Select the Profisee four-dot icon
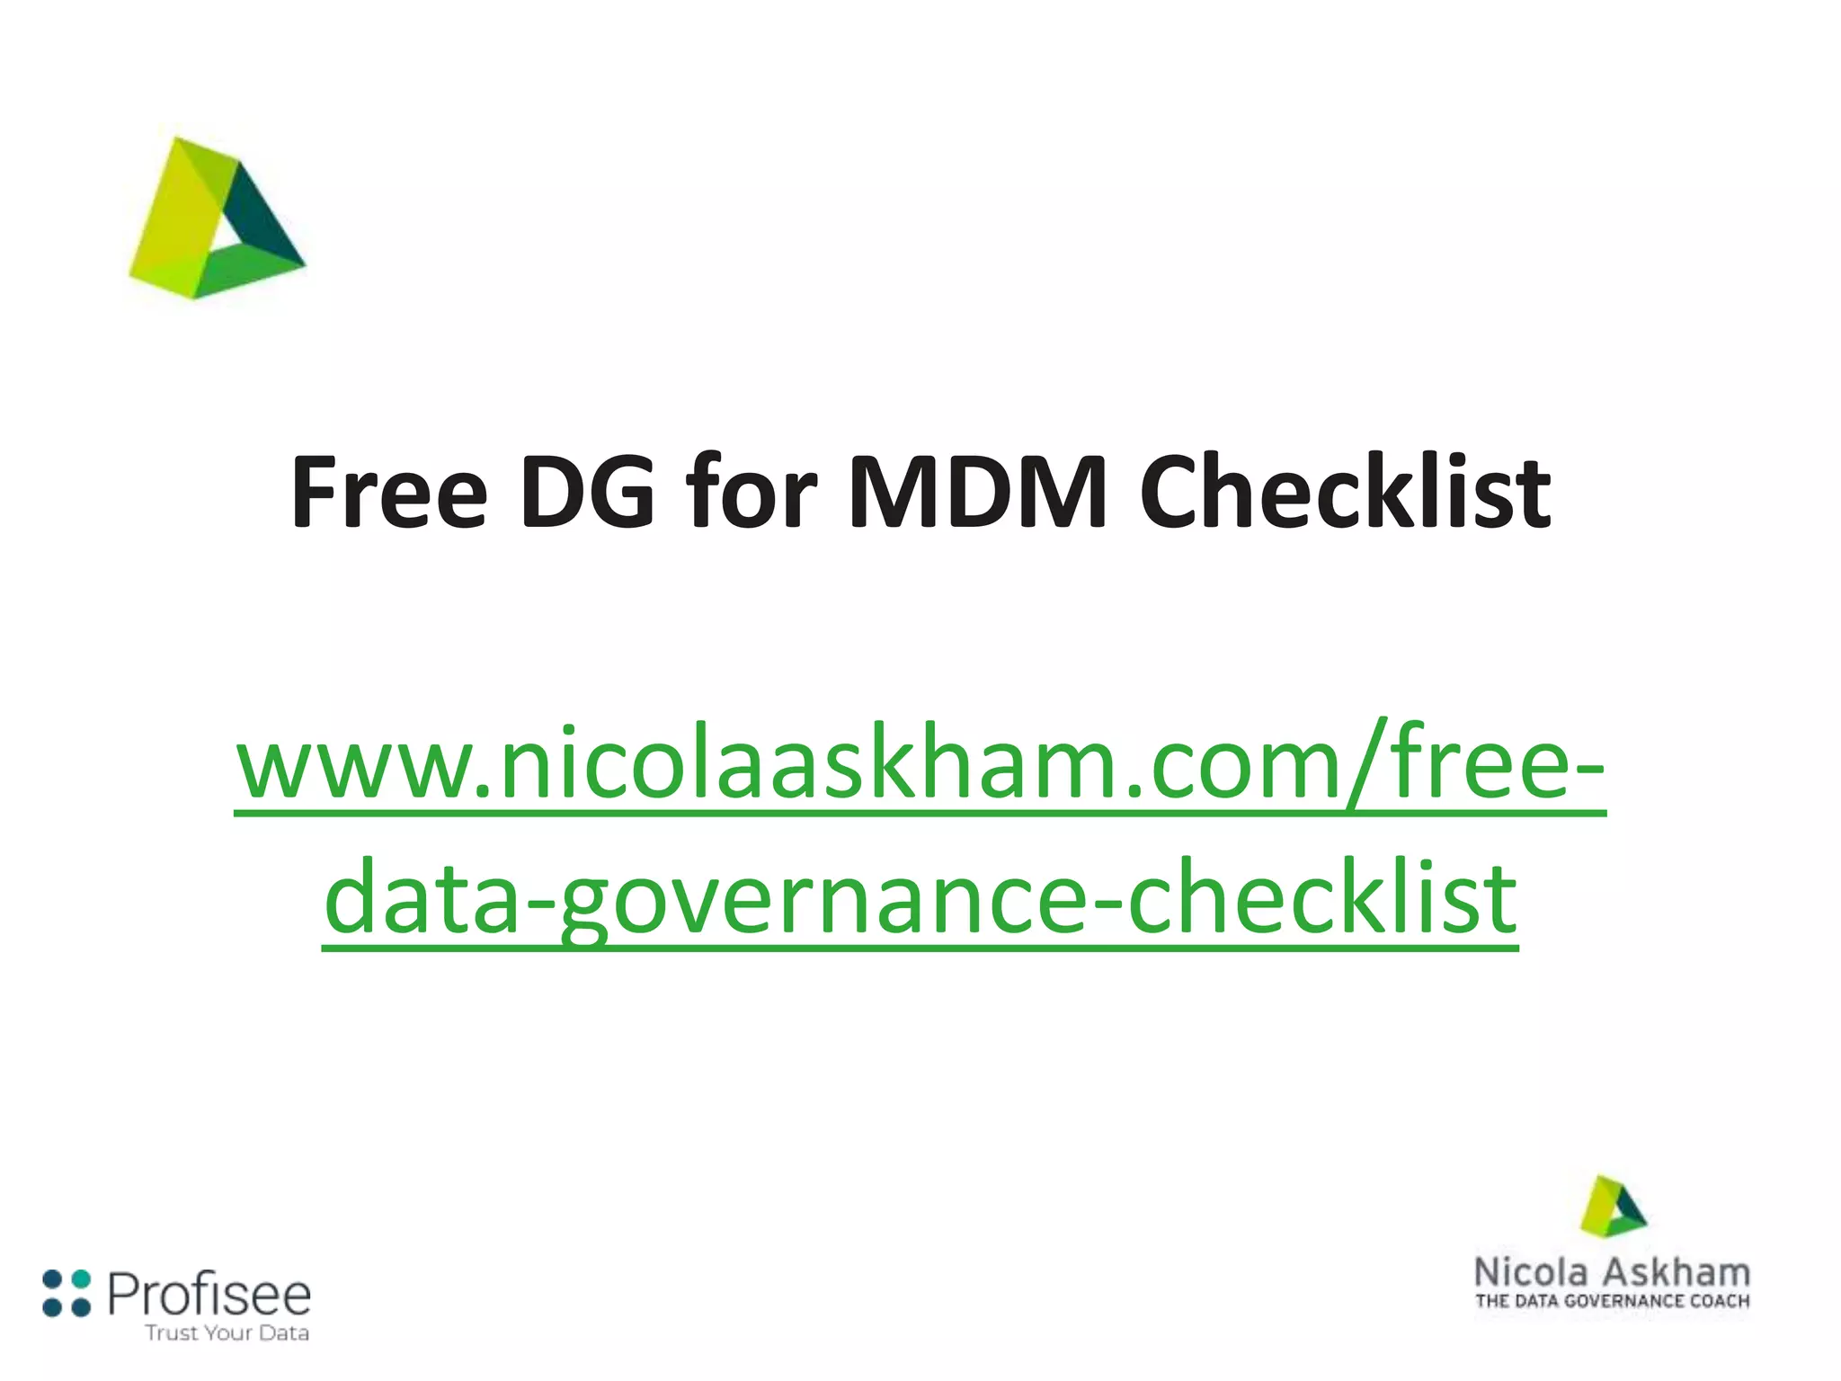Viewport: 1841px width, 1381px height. [67, 1293]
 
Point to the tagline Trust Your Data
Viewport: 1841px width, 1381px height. [227, 1332]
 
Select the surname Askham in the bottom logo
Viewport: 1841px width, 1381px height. [1677, 1273]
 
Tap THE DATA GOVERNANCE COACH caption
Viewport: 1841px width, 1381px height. [1613, 1301]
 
